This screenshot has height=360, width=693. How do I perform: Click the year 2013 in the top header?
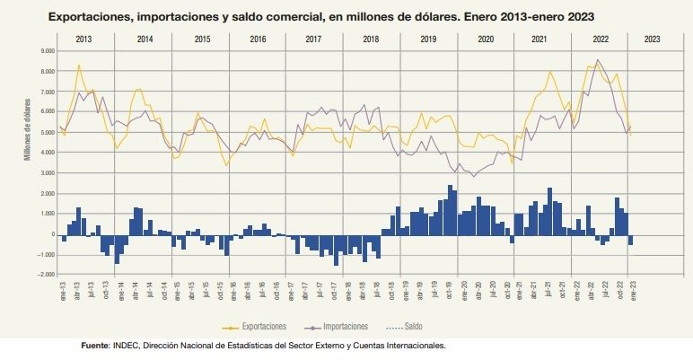pos(83,40)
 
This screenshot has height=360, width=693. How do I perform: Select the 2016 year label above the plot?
pos(259,40)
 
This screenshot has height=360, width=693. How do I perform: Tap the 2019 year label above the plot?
pos(428,40)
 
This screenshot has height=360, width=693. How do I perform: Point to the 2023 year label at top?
pos(652,40)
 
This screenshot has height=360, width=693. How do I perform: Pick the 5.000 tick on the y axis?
pos(46,133)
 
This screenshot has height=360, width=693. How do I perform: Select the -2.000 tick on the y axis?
pos(44,276)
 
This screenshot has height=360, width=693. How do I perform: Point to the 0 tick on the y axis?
pos(51,235)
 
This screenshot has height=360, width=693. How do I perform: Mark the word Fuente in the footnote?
pos(94,344)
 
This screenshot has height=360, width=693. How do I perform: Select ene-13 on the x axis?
pos(62,289)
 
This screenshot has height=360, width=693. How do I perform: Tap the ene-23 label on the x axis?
pos(634,289)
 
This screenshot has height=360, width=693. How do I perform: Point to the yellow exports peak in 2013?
pos(79,65)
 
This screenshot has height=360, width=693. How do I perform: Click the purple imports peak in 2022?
pos(598,60)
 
